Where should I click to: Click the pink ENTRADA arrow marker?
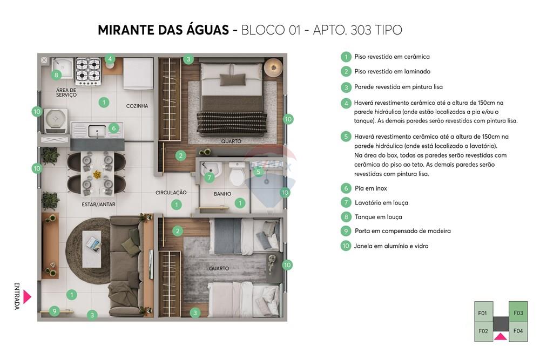[x=27, y=297]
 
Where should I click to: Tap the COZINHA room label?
[x=137, y=106]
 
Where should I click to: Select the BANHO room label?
[x=222, y=194]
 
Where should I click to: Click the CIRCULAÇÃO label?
[x=171, y=193]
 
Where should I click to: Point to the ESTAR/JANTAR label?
[x=99, y=205]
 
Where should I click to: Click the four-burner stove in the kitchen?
[x=88, y=71]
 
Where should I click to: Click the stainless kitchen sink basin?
[x=97, y=130]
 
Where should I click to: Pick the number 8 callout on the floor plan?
[x=56, y=75]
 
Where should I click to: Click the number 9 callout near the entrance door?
[x=54, y=310]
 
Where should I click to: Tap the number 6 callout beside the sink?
[x=113, y=128]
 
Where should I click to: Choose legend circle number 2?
[x=346, y=71]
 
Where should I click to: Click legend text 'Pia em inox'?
[x=370, y=188]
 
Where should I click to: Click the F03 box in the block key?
[x=518, y=313]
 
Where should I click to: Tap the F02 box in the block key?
[x=483, y=331]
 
